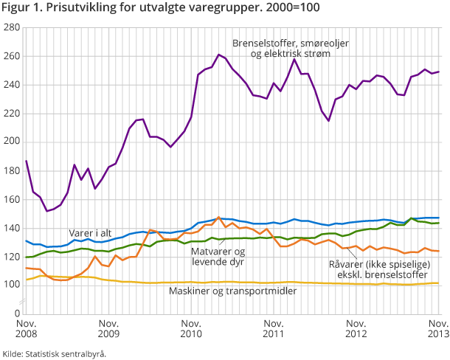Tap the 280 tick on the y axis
(12, 27)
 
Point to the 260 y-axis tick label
(12, 56)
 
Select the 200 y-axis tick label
(12, 142)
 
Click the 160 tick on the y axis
(12, 199)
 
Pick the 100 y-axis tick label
(12, 285)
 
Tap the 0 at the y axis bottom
(16, 314)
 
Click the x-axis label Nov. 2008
(26, 329)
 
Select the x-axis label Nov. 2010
(191, 329)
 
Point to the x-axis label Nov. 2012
(356, 329)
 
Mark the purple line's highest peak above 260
(219, 55)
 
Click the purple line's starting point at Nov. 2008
(26, 161)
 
